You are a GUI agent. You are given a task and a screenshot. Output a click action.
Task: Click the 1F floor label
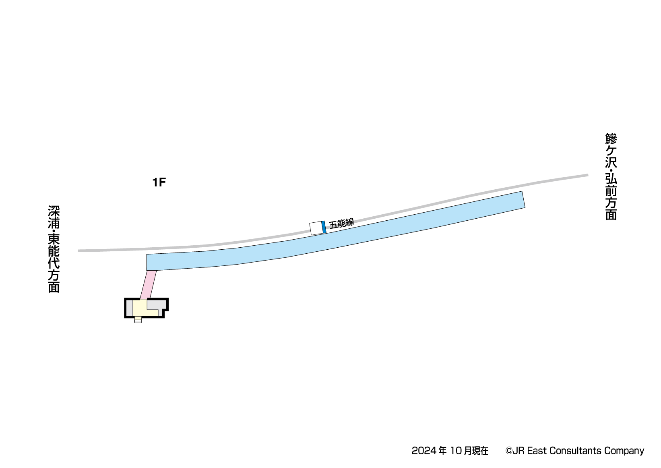click(159, 182)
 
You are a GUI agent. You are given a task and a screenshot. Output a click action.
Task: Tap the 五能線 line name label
click(342, 223)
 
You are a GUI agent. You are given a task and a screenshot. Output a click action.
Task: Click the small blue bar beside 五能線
click(324, 227)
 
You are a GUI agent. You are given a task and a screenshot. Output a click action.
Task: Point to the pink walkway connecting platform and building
click(148, 285)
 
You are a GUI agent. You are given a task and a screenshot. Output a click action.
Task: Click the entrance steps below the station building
click(138, 320)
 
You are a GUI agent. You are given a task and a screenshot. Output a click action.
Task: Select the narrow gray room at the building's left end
click(130, 308)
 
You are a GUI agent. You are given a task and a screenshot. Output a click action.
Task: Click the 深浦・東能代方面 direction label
click(54, 249)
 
